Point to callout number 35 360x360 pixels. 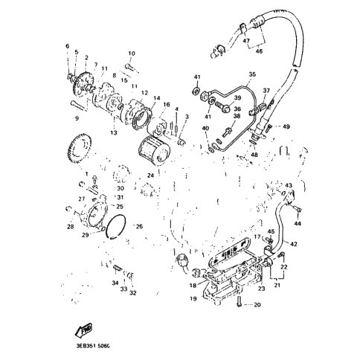pos(252,75)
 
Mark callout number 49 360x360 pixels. pos(286,127)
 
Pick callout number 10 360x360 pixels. pos(132,54)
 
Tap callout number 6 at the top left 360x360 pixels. pos(67,47)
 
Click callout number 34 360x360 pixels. pos(115,283)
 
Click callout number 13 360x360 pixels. pos(114,132)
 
